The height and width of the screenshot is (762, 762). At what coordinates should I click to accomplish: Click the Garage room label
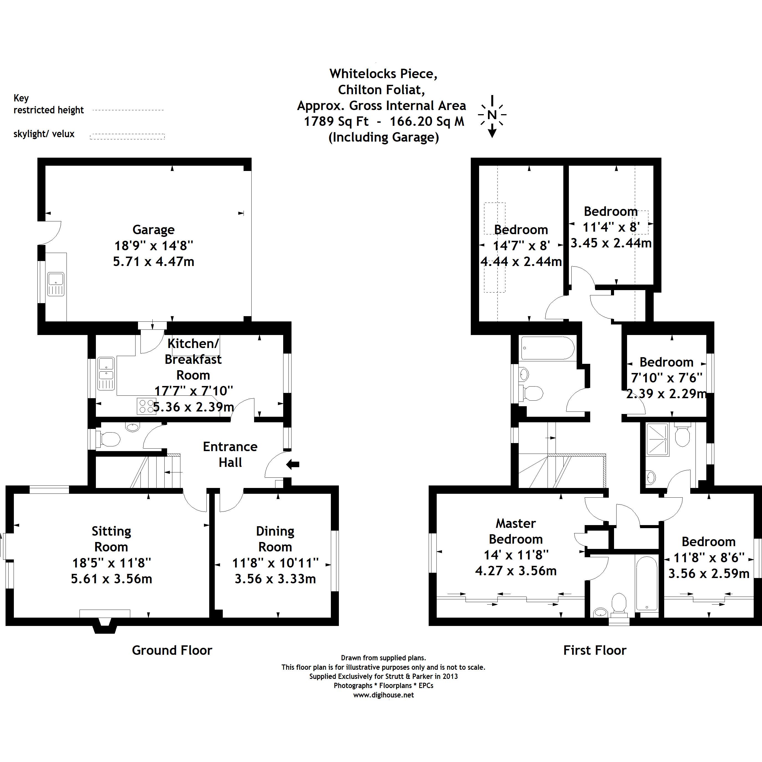(154, 229)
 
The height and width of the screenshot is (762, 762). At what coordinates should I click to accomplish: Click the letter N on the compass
(492, 115)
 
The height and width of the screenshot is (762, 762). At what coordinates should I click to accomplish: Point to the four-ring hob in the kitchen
(146, 406)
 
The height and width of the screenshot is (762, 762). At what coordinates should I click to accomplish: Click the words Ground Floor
(172, 650)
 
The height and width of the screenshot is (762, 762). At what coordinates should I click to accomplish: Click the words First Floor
(594, 650)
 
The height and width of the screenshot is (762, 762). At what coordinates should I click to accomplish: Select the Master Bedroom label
(515, 531)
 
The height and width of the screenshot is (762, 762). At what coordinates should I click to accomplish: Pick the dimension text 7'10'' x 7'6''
(667, 378)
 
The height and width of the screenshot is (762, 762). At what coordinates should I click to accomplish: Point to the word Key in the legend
(21, 98)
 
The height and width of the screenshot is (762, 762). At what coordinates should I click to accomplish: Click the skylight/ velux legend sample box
(127, 136)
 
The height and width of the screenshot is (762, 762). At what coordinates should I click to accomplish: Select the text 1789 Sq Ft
(336, 121)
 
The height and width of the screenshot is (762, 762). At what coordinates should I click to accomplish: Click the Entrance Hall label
(230, 454)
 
